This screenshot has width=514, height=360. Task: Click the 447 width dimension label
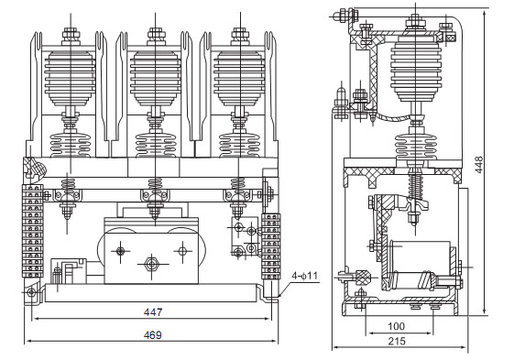click(153, 312)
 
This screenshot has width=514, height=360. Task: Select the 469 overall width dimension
click(153, 334)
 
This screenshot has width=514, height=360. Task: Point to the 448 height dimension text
click(479, 165)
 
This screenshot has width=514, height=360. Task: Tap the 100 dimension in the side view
click(395, 326)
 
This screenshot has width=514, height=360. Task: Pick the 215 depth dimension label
click(395, 342)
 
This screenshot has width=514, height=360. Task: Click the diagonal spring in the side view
click(414, 193)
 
